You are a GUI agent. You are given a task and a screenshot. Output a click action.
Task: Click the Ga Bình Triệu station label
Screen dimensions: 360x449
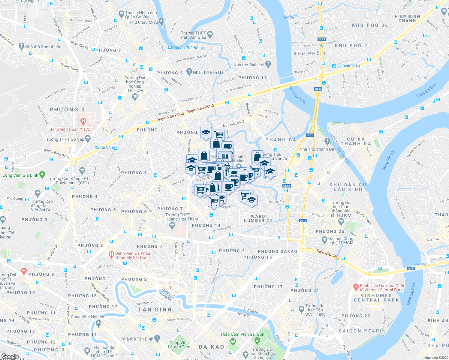(348, 66)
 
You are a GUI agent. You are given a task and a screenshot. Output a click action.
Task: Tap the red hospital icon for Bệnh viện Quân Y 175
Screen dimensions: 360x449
(83, 122)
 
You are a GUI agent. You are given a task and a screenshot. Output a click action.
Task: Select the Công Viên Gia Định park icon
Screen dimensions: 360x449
(42, 174)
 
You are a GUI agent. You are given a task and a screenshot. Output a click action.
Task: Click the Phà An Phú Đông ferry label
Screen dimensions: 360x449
(188, 48)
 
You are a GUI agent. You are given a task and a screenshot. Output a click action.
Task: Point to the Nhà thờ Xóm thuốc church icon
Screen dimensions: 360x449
(21, 46)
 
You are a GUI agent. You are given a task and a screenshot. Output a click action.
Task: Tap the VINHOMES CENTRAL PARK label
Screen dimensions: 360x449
(376, 298)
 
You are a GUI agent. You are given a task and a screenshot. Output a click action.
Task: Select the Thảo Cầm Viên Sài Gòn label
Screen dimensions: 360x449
(242, 334)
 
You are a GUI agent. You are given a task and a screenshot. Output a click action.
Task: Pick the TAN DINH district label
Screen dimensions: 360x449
(155, 310)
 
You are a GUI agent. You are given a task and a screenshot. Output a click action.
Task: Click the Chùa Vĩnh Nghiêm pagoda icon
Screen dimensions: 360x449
(98, 323)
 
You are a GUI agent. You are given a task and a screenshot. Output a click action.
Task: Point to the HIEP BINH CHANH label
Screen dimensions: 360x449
(407, 19)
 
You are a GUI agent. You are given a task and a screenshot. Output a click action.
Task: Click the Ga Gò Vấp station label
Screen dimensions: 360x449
(104, 148)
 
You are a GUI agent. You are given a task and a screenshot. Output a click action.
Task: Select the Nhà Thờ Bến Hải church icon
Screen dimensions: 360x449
(189, 72)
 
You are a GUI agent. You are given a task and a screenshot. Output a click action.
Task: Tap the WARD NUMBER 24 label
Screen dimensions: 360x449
(258, 218)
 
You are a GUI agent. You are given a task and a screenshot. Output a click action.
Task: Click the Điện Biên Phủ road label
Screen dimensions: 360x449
(328, 255)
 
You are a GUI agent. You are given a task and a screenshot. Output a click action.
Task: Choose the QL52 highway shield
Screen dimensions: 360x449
(411, 268)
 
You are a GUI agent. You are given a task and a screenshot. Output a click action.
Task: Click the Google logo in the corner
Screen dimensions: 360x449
(10, 356)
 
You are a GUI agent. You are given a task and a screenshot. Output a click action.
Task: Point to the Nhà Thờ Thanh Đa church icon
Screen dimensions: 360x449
(327, 141)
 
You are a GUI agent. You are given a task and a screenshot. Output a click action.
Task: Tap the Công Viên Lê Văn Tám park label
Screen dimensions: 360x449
(179, 345)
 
